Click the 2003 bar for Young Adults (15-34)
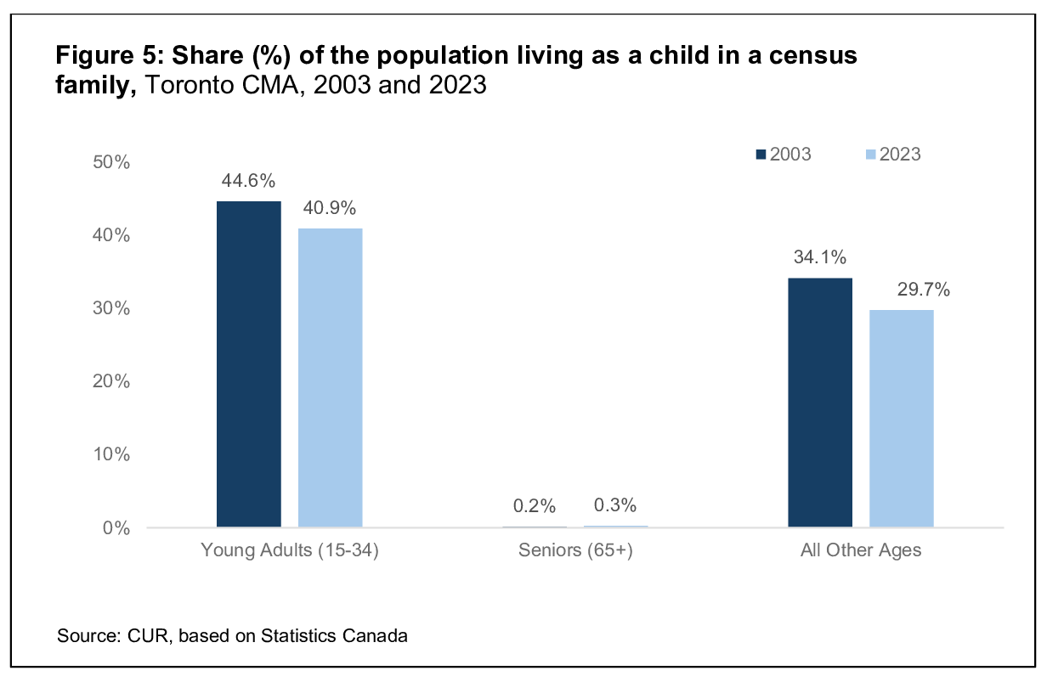[249, 364]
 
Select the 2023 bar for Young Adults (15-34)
[330, 378]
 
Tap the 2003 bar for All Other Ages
[819, 403]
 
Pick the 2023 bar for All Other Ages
[901, 419]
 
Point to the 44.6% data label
[249, 181]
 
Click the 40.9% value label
[330, 208]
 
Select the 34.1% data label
[819, 257]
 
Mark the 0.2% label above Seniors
[535, 506]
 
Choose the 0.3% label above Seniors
[615, 505]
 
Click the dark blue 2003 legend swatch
[761, 155]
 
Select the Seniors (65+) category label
[575, 550]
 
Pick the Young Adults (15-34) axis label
[290, 550]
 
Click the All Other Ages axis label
[861, 550]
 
